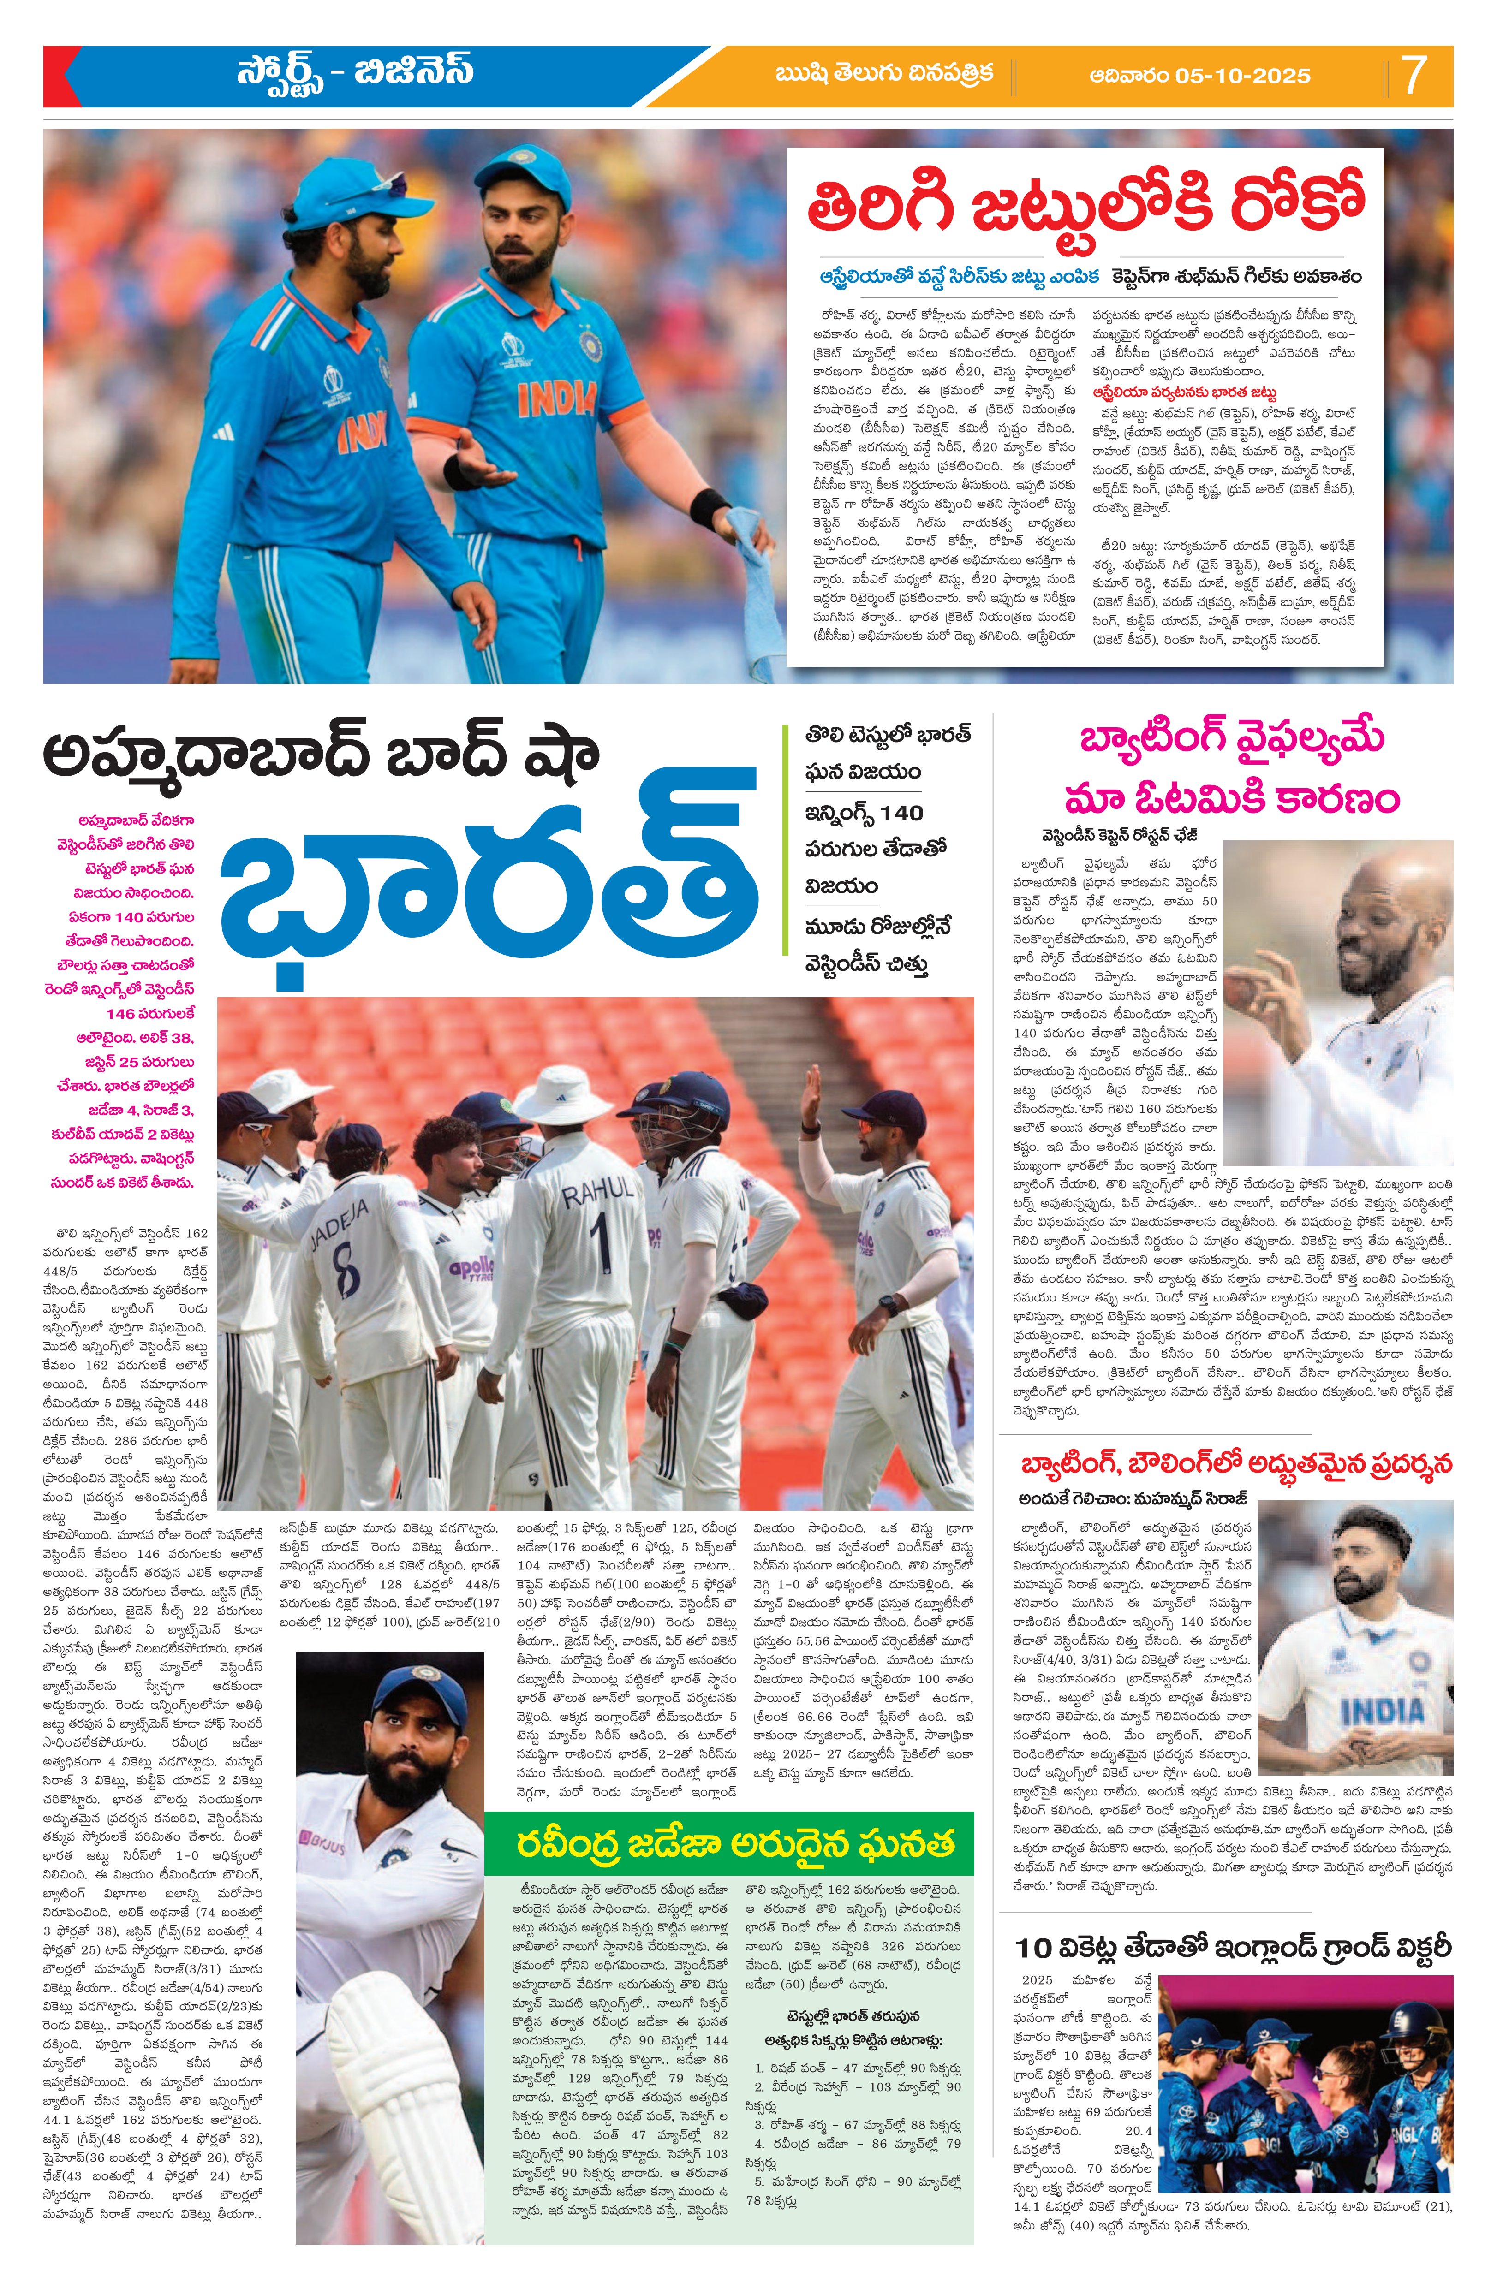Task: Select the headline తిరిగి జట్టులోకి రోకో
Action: pos(1085,205)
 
